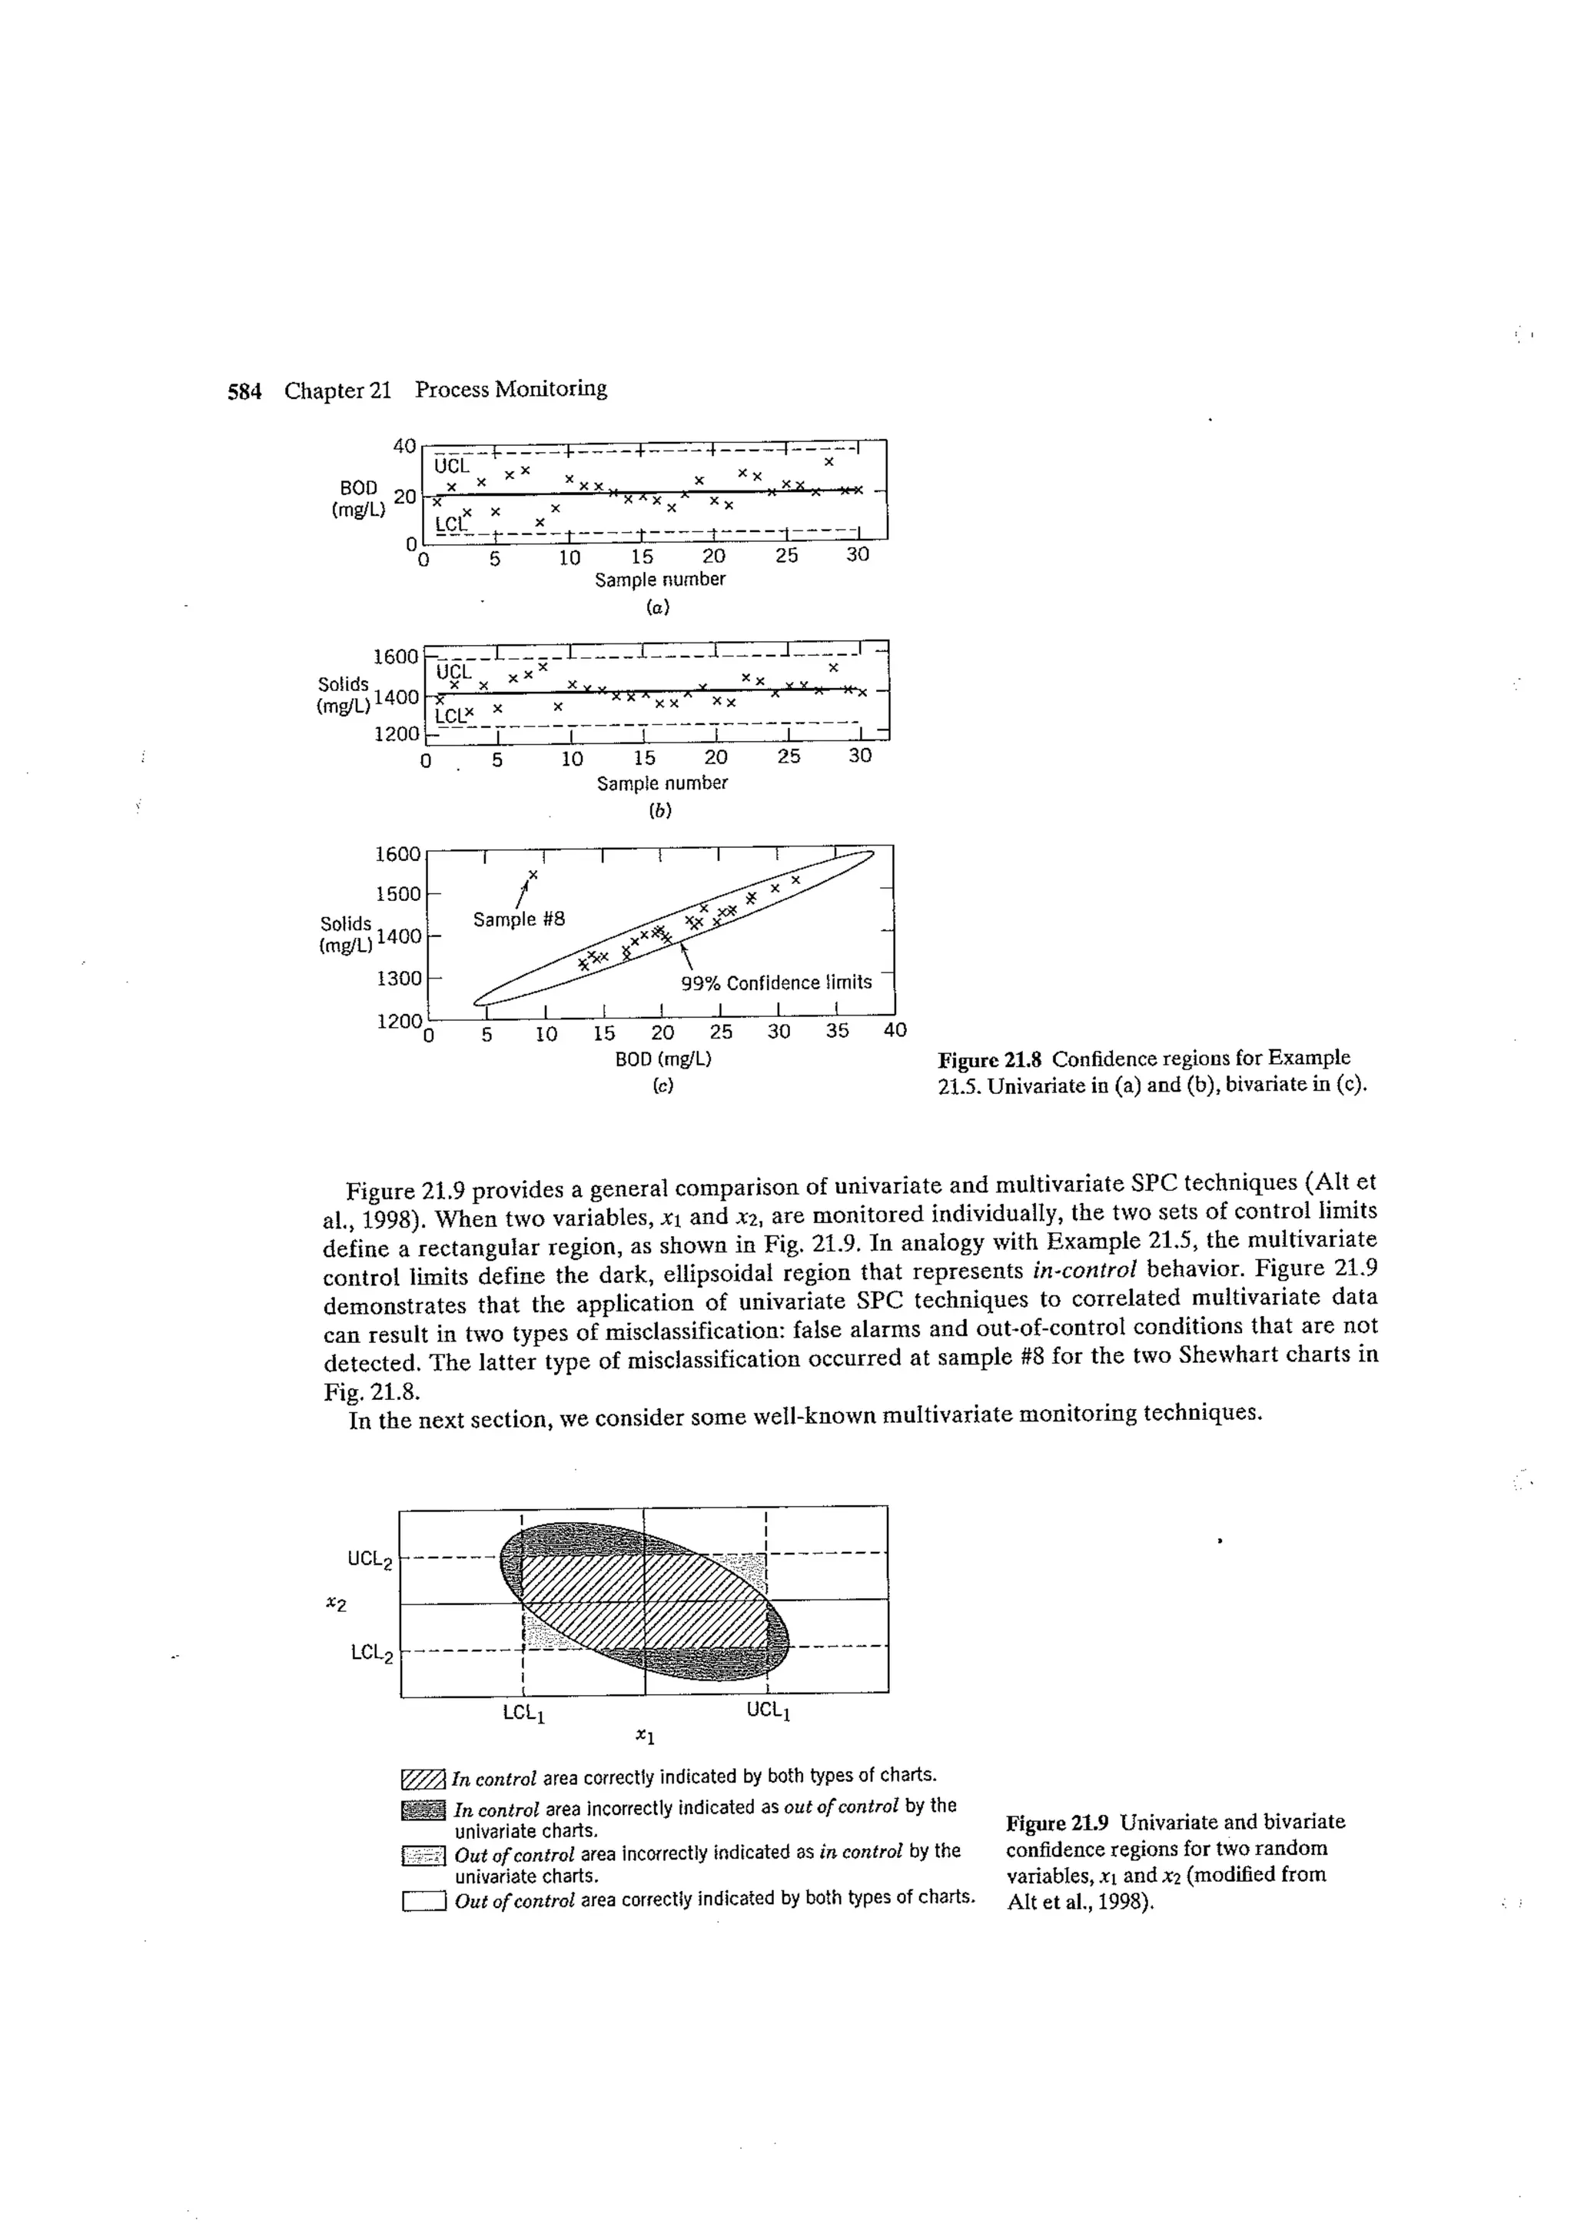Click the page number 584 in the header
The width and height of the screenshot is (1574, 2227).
tap(244, 392)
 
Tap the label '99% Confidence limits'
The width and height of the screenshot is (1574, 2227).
tap(775, 982)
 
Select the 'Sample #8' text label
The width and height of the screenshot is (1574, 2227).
tap(519, 919)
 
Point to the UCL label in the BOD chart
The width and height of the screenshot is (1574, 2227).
tap(453, 466)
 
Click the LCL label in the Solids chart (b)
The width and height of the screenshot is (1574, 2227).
tap(450, 716)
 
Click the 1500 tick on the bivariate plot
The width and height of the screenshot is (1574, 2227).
tap(399, 893)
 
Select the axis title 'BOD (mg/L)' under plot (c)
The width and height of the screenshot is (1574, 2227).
tap(663, 1059)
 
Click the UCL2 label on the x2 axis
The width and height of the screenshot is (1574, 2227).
tap(370, 1561)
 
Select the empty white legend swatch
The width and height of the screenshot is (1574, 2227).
tap(423, 1900)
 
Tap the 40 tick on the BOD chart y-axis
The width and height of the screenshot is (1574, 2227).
tap(404, 446)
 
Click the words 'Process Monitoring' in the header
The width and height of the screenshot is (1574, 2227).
tap(511, 390)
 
